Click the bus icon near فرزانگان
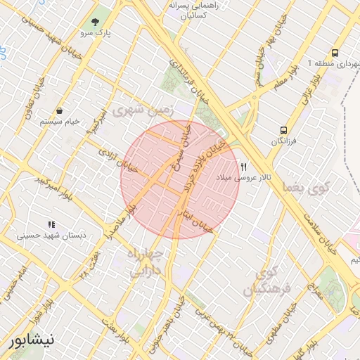pyautogui.click(x=284, y=130)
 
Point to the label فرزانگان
pyautogui.click(x=284, y=142)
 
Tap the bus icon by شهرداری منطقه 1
pyautogui.click(x=335, y=53)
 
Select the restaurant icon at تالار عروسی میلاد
pyautogui.click(x=243, y=167)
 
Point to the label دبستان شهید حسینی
pyautogui.click(x=54, y=236)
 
